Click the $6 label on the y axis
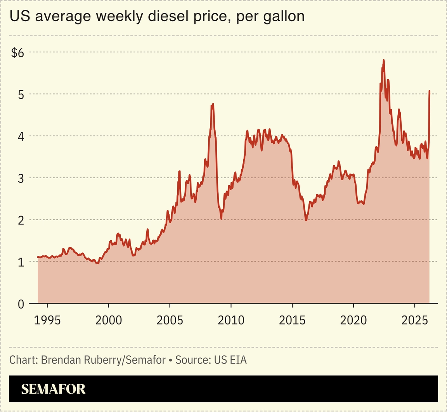pos(17,53)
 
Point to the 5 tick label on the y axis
pos(20,94)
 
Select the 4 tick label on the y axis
pos(20,136)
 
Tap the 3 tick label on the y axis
pos(20,178)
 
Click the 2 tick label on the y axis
pos(20,220)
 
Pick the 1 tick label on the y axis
pos(21,262)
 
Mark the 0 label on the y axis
pos(20,304)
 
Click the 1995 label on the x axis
pos(47,321)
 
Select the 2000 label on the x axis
pos(109,321)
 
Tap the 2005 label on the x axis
pos(170,321)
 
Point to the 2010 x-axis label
pos(231,321)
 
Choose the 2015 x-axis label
pos(292,321)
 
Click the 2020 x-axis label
pos(353,321)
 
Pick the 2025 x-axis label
pos(415,321)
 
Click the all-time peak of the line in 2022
pos(383,60)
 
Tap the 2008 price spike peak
pos(213,104)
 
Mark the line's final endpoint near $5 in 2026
pos(430,91)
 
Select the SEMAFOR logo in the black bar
pos(53,389)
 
